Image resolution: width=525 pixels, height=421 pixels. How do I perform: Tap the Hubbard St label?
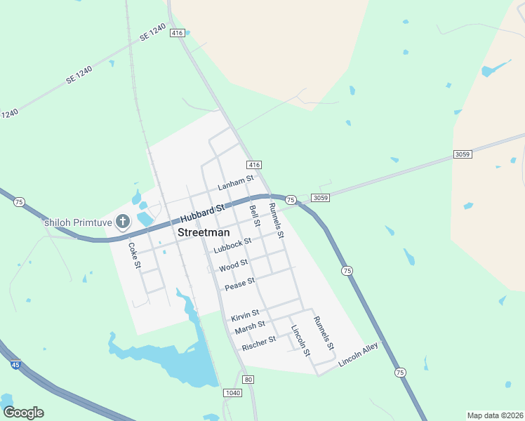coord(202,213)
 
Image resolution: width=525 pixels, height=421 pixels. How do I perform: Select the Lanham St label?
coord(235,184)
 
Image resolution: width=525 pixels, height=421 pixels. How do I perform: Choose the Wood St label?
coord(233,266)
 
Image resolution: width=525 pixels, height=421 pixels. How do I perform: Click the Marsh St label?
coord(250,327)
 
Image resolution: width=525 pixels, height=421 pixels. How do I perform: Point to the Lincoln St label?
coord(300,340)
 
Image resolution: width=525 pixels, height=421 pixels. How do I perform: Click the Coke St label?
coord(134,255)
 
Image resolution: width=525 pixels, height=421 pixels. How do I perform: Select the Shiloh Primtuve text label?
coord(77,223)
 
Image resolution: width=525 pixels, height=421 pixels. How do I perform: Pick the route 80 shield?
coord(248,380)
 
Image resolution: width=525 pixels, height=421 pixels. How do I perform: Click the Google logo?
coord(23,413)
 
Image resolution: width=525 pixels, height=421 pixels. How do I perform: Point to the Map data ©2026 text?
coord(494,415)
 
